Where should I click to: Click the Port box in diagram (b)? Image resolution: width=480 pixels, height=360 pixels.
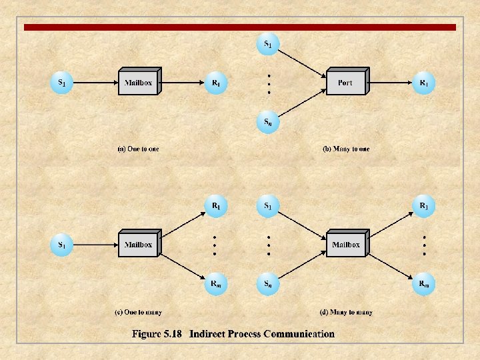pos(345,83)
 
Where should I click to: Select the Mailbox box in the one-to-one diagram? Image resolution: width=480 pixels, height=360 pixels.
pos(138,83)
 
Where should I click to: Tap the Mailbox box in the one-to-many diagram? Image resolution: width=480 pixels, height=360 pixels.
pos(138,245)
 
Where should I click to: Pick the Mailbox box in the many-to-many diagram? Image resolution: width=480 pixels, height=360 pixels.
pos(345,245)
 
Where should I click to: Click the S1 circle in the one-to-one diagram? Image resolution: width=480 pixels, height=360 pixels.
pos(61,83)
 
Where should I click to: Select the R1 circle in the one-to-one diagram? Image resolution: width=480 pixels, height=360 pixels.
pos(216,83)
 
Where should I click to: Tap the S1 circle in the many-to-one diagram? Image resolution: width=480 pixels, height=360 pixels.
pos(267,45)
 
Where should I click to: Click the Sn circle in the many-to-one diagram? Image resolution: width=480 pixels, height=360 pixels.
pos(267,122)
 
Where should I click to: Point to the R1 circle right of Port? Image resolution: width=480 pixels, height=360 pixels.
pos(423,83)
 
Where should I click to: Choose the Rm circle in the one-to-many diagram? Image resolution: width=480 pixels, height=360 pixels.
pos(216,284)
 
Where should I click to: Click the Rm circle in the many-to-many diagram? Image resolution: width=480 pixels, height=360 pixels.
pos(423,284)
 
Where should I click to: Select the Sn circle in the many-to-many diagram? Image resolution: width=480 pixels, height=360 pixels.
pos(267,284)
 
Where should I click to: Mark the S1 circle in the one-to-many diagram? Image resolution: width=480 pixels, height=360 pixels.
pos(61,245)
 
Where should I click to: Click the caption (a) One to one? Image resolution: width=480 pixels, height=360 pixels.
pos(138,149)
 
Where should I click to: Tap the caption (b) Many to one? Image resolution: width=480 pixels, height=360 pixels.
pos(345,149)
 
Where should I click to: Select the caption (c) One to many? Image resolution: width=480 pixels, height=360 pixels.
pos(138,312)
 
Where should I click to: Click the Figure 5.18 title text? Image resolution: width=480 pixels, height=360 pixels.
pos(233,334)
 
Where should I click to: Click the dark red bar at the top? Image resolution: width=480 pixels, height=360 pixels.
pos(240,27)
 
